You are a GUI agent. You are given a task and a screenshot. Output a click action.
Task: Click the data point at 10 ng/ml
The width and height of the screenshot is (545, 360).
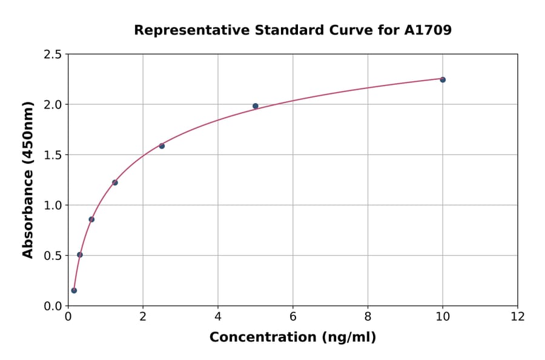pyautogui.click(x=443, y=79)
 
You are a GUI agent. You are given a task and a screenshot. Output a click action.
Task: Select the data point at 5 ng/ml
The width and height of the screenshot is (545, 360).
pyautogui.click(x=256, y=106)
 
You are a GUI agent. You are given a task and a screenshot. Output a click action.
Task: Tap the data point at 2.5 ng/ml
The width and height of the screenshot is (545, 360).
pyautogui.click(x=162, y=146)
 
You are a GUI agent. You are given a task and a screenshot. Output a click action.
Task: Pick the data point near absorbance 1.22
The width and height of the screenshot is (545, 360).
pyautogui.click(x=115, y=182)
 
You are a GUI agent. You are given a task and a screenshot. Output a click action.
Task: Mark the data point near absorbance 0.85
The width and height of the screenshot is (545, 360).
pyautogui.click(x=91, y=219)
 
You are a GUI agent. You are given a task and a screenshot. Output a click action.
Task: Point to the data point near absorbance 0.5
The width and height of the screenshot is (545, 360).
pyautogui.click(x=80, y=255)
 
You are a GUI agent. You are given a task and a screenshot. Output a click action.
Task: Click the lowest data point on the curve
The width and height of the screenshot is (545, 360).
pyautogui.click(x=74, y=290)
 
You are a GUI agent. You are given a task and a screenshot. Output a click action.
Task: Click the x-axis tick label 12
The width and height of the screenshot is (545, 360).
pyautogui.click(x=518, y=316)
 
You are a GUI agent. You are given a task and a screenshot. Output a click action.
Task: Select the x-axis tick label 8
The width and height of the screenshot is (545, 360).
pyautogui.click(x=368, y=316)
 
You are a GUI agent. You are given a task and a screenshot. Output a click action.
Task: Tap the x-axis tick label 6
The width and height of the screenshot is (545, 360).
pyautogui.click(x=292, y=316)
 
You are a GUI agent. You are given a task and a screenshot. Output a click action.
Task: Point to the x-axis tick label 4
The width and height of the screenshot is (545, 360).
pyautogui.click(x=218, y=316)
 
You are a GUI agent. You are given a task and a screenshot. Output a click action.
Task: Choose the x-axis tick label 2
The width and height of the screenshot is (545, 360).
pyautogui.click(x=143, y=316)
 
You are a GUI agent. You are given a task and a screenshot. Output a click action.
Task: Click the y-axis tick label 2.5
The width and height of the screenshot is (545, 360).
pyautogui.click(x=53, y=55)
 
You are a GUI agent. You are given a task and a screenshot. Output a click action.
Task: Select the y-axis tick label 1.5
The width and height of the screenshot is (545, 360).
pyautogui.click(x=53, y=155)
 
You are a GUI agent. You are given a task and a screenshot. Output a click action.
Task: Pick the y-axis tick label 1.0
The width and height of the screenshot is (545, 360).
pyautogui.click(x=53, y=205)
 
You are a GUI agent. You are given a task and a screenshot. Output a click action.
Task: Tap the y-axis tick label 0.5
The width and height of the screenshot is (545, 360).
pyautogui.click(x=53, y=256)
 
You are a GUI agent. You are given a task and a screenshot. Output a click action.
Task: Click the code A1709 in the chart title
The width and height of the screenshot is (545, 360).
pyautogui.click(x=428, y=30)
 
